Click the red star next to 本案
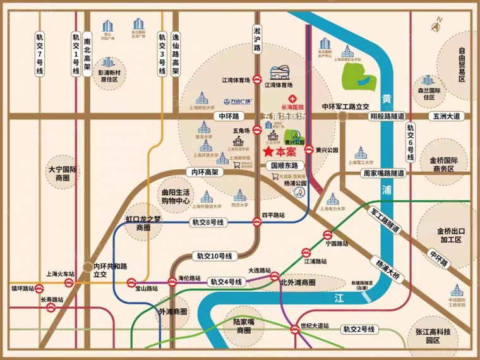268,152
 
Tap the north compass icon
436,26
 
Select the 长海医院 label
292,107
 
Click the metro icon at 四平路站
257,222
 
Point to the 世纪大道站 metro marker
294,328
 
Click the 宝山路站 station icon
132,282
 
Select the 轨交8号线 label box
209,222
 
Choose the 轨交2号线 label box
359,329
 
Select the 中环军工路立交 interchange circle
342,117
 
